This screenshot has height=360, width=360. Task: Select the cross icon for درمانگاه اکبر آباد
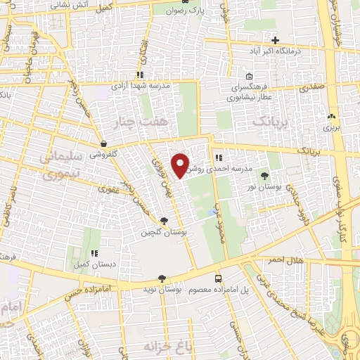pos(276,39)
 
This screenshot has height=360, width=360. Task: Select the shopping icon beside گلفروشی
pos(103,143)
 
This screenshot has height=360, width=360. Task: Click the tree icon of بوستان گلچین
pos(164,221)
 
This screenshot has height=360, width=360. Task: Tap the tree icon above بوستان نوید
pos(162,278)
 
